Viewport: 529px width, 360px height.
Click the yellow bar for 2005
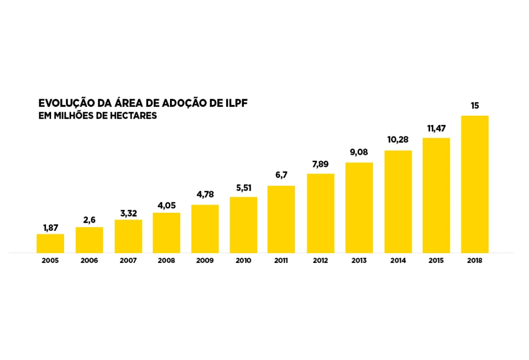tap(50, 243)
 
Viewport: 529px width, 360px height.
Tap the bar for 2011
tap(281, 219)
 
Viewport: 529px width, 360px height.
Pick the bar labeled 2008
tap(166, 232)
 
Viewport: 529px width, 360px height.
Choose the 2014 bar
tap(398, 201)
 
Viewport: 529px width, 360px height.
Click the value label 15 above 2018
tap(475, 106)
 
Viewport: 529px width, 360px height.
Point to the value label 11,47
tap(436, 128)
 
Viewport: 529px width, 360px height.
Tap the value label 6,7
tap(281, 176)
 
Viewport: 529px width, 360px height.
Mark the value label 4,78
tap(205, 195)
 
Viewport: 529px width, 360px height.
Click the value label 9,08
tap(359, 152)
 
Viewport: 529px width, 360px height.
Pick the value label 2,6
tap(89, 220)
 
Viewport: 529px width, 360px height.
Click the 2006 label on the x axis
tap(89, 261)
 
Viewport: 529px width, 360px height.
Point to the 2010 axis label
tap(243, 261)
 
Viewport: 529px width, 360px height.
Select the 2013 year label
tap(359, 261)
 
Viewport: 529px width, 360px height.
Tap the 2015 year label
tap(436, 261)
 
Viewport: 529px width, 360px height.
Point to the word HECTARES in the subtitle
tap(134, 116)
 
